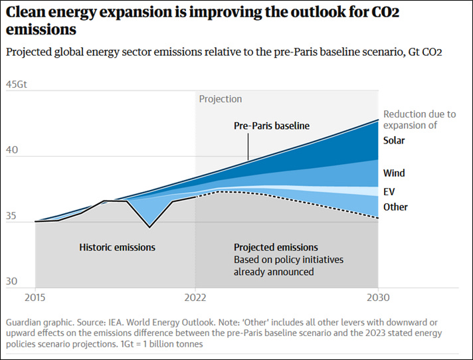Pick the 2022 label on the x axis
(195, 297)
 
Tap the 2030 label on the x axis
(378, 297)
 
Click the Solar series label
(394, 140)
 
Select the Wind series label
(394, 173)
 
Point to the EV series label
(389, 191)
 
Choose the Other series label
(395, 207)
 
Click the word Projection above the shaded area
(221, 99)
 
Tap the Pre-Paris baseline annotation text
(272, 126)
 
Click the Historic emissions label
(117, 247)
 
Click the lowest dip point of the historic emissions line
(149, 227)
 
